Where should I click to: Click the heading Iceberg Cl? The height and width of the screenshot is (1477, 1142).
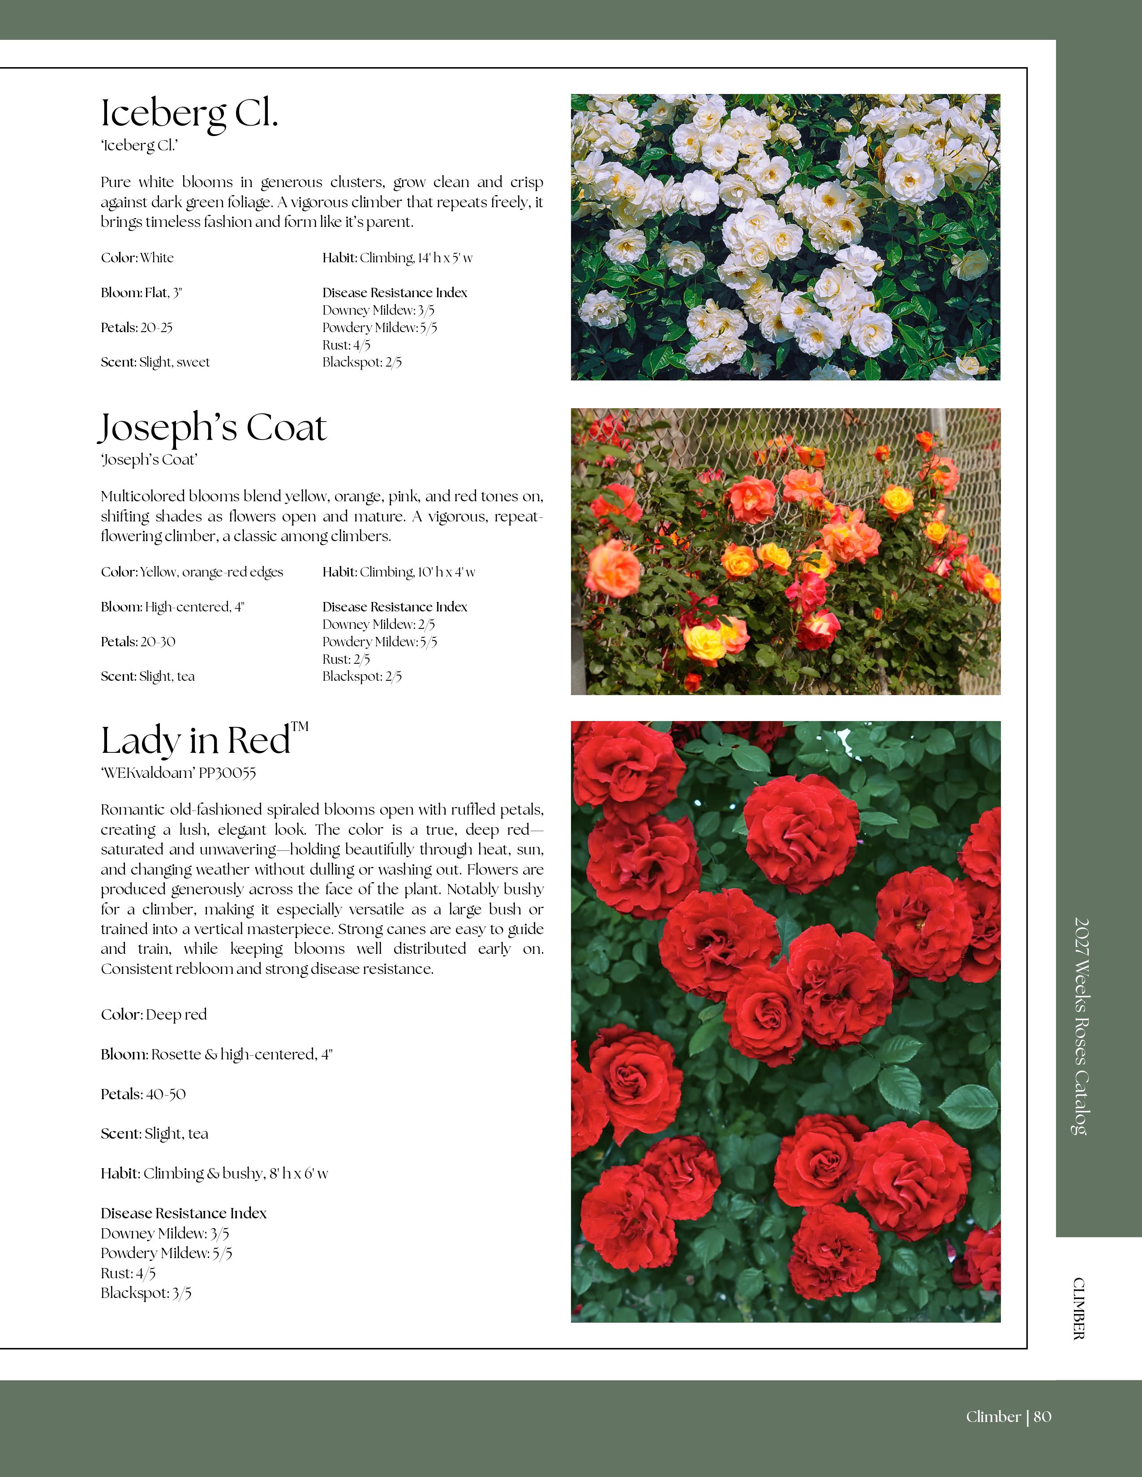tap(189, 114)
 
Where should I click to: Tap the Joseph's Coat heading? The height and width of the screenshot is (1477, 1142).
tap(213, 428)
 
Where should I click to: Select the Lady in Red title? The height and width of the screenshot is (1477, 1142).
tap(196, 741)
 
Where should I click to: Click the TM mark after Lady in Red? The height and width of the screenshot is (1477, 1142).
tap(300, 727)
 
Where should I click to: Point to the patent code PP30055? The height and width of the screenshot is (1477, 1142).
tap(228, 773)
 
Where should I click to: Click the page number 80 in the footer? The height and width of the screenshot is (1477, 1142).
tap(1043, 1416)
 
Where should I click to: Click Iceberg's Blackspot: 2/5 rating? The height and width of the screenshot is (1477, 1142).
tap(362, 363)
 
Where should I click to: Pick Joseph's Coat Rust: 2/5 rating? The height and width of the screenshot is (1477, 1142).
tap(346, 659)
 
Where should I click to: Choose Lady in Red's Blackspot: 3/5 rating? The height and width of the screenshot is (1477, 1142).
tap(146, 1293)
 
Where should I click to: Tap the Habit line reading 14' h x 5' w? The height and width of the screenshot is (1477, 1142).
tap(397, 258)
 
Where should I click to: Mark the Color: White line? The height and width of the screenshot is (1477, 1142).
tap(137, 258)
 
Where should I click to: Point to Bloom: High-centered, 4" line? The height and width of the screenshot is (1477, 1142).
tap(172, 606)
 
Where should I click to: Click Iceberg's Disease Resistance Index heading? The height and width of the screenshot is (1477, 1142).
tap(395, 293)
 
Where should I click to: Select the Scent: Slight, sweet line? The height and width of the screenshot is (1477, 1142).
tap(155, 363)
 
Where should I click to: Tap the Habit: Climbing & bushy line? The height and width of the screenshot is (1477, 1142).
tap(215, 1174)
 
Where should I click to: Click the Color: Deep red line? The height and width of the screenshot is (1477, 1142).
tap(154, 1014)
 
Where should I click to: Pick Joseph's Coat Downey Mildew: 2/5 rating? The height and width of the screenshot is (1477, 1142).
tap(378, 624)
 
